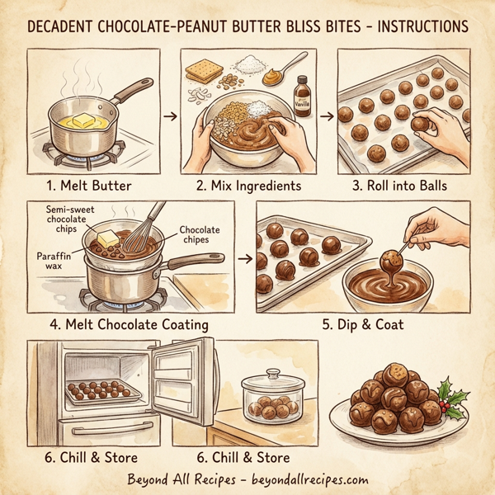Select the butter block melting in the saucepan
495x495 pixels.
82,120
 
